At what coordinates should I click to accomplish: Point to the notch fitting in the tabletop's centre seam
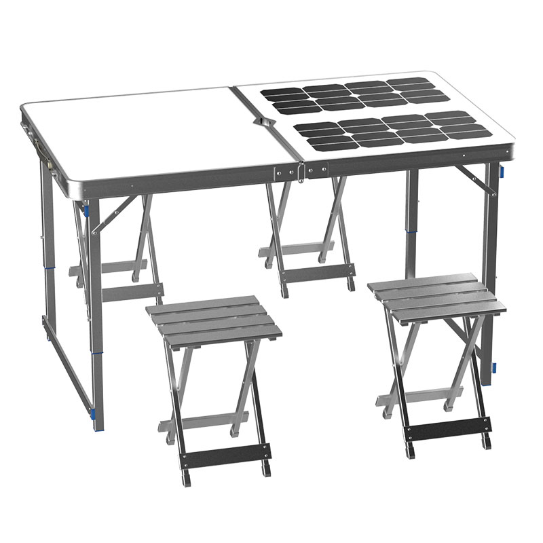click(262, 120)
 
